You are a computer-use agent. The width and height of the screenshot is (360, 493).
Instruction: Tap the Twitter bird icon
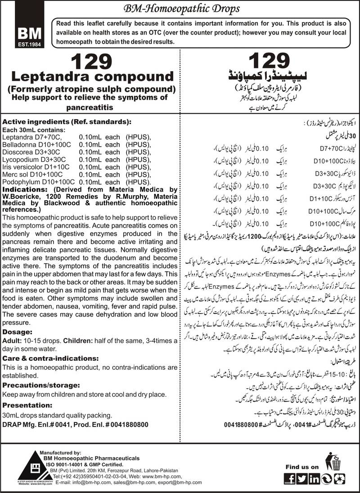[x=302, y=478]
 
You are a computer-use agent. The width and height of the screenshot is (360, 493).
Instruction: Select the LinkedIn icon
[x=314, y=478]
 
